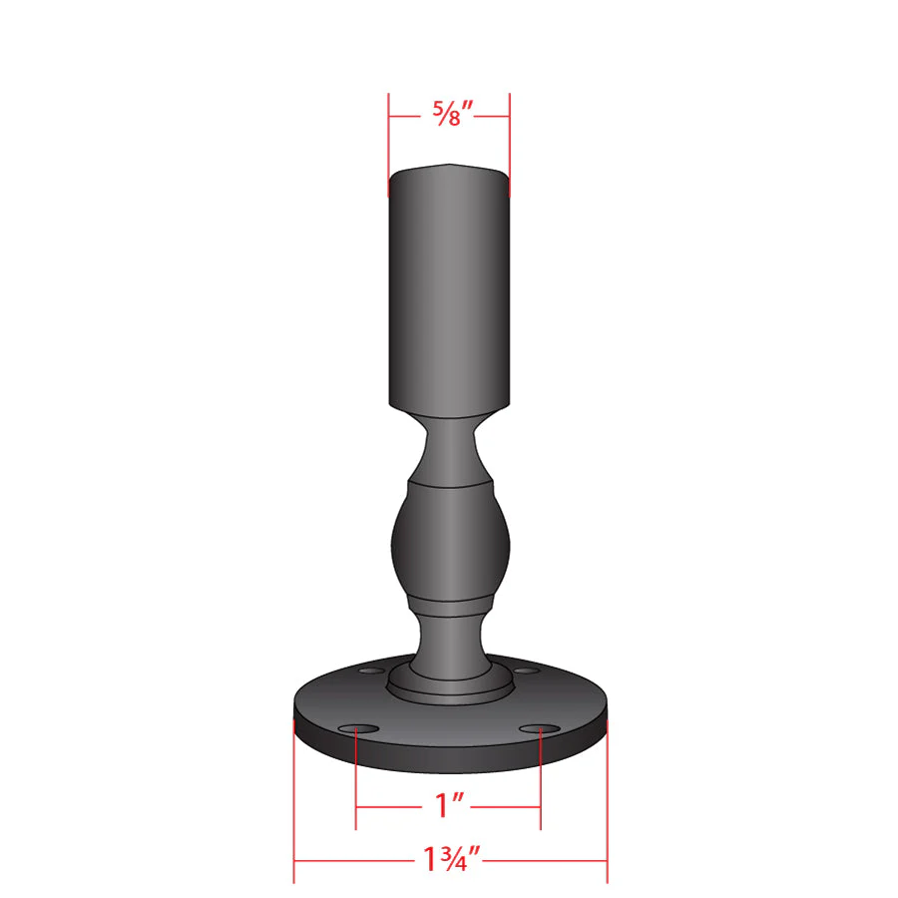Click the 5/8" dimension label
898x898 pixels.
point(452,113)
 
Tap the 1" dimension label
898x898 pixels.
point(449,805)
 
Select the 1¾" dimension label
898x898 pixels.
point(451,858)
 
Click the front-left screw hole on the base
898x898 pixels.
point(358,729)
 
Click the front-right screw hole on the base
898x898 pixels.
point(540,729)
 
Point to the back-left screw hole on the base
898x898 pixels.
point(372,671)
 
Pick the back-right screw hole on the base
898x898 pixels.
point(526,671)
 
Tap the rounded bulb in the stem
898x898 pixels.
point(450,541)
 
